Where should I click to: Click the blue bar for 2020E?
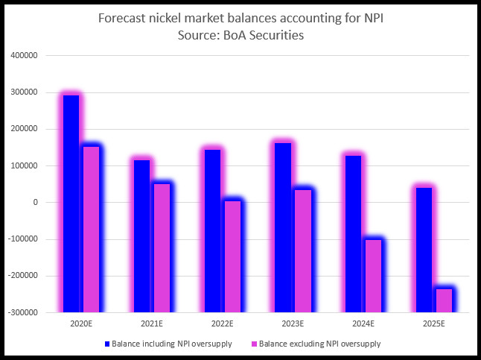click(x=71, y=203)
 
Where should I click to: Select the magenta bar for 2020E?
click(x=91, y=228)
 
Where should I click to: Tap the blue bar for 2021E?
click(x=141, y=236)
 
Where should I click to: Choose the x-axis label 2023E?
click(x=293, y=324)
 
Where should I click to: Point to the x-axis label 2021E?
click(x=152, y=324)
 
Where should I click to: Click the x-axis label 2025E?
click(x=433, y=324)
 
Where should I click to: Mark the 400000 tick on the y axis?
click(x=26, y=56)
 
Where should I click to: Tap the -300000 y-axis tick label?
click(x=25, y=313)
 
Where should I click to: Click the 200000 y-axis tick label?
click(x=26, y=129)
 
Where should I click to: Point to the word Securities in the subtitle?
click(x=276, y=35)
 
